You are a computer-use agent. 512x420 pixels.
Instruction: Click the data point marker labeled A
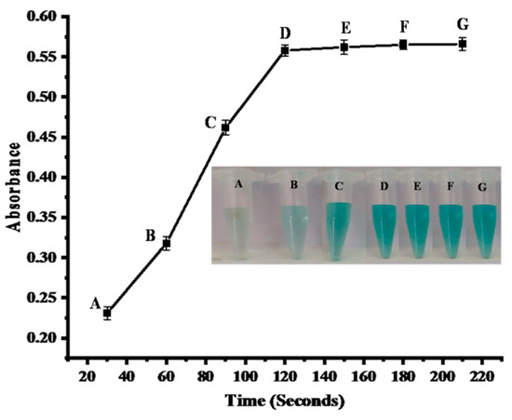point(107,313)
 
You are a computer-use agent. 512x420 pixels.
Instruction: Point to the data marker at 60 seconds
point(167,243)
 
